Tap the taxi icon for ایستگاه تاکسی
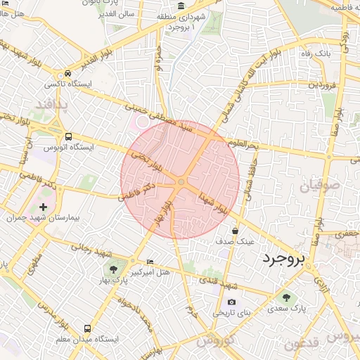(x=67, y=73)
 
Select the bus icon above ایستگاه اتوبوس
(x=67, y=136)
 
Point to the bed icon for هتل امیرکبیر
(x=149, y=262)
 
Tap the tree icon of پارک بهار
(x=112, y=269)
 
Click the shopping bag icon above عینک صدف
(x=235, y=230)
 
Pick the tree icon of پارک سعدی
(x=285, y=297)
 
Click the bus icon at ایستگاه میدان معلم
(x=87, y=328)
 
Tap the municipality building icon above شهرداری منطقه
(x=181, y=6)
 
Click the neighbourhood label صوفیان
(x=320, y=187)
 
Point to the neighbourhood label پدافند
(x=53, y=105)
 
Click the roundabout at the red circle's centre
(x=181, y=182)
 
